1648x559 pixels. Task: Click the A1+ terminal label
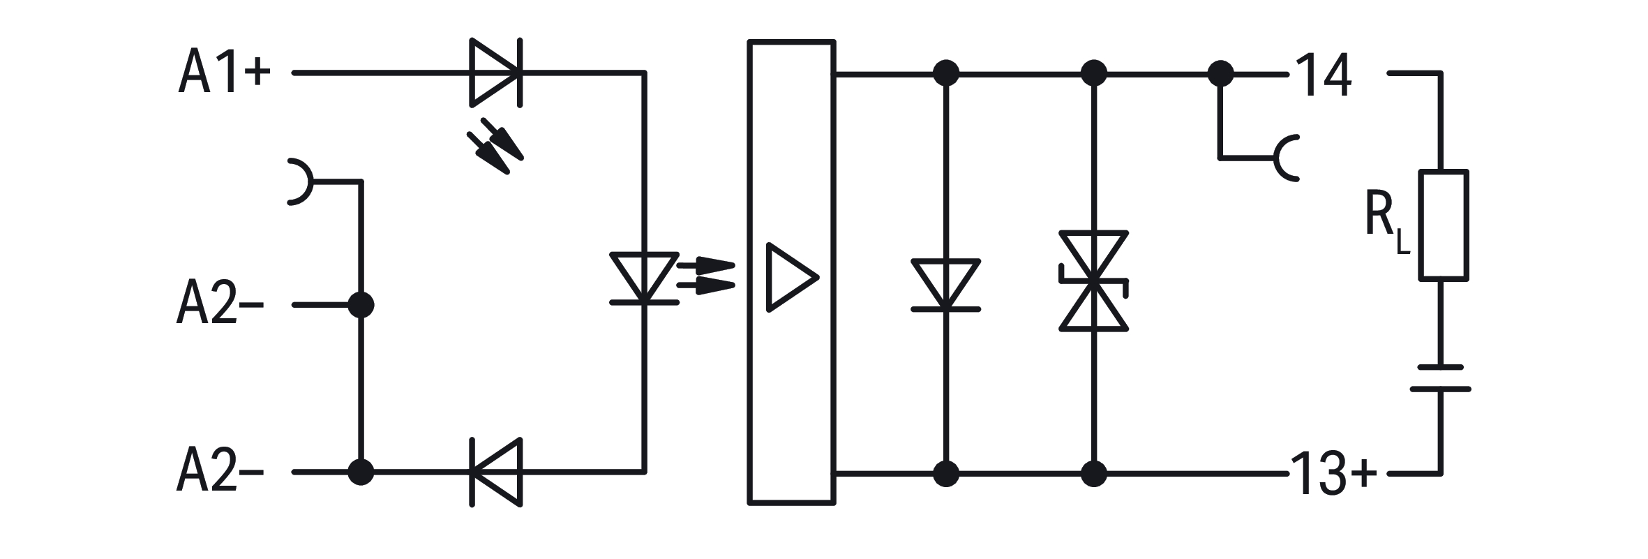pos(223,72)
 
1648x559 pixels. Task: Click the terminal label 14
pos(1324,75)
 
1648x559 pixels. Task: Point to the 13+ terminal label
pos(1333,474)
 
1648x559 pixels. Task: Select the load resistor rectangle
pos(1444,225)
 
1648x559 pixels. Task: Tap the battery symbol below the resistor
pos(1440,378)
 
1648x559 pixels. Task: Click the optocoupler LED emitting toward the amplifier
pos(644,278)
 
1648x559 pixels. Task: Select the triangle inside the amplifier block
pos(791,277)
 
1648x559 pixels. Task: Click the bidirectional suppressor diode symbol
pos(1093,281)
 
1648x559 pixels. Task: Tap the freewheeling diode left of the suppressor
pos(946,285)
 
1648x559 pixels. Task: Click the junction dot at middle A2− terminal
pos(361,305)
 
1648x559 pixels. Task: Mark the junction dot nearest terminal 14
pos(1220,73)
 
